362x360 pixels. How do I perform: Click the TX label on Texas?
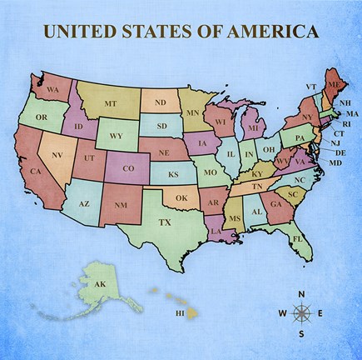click(165, 222)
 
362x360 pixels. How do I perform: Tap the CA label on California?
click(36, 172)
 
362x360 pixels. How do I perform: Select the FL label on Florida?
click(297, 239)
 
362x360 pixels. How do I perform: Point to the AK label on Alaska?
click(99, 285)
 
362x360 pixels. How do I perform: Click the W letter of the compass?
click(282, 314)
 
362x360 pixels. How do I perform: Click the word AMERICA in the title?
click(275, 32)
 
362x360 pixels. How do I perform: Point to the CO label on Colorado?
click(128, 168)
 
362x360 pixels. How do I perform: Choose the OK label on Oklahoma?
click(181, 197)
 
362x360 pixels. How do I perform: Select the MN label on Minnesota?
click(192, 112)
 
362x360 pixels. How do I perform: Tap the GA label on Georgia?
click(275, 202)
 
